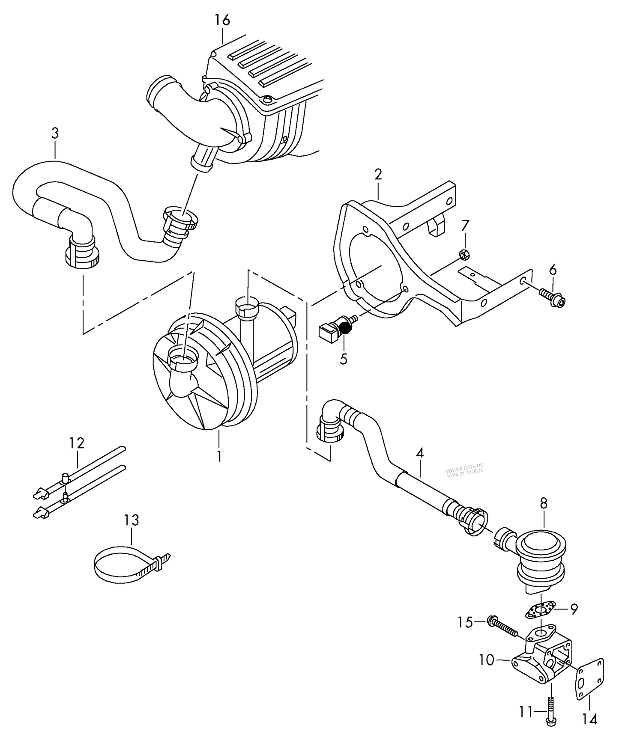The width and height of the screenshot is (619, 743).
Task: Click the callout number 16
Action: tap(223, 20)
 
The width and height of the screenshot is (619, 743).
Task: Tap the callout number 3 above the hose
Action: tap(54, 133)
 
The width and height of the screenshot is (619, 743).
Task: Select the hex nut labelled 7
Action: tap(464, 254)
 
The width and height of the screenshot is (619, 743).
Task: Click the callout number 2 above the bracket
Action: tap(378, 174)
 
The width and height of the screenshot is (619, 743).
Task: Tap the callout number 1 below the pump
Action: tap(219, 457)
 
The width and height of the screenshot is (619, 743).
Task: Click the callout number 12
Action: tap(77, 443)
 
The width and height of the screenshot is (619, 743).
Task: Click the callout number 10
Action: tap(487, 660)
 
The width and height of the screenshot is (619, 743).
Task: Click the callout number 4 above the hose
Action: tap(419, 453)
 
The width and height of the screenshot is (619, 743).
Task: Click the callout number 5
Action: tap(344, 359)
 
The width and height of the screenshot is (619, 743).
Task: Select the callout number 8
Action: tap(543, 503)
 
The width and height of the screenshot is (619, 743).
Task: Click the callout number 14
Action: tap(590, 719)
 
